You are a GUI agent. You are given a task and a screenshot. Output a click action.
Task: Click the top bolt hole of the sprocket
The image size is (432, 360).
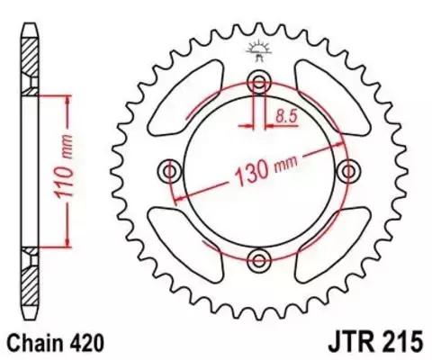[259, 83]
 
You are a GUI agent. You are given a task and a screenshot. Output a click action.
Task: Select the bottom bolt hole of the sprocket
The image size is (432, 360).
[259, 261]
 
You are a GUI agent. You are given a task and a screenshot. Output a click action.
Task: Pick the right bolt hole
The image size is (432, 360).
[348, 171]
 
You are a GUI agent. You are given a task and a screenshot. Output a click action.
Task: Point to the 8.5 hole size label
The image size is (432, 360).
[287, 115]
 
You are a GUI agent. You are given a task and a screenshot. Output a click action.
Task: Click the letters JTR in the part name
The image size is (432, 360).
[330, 342]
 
